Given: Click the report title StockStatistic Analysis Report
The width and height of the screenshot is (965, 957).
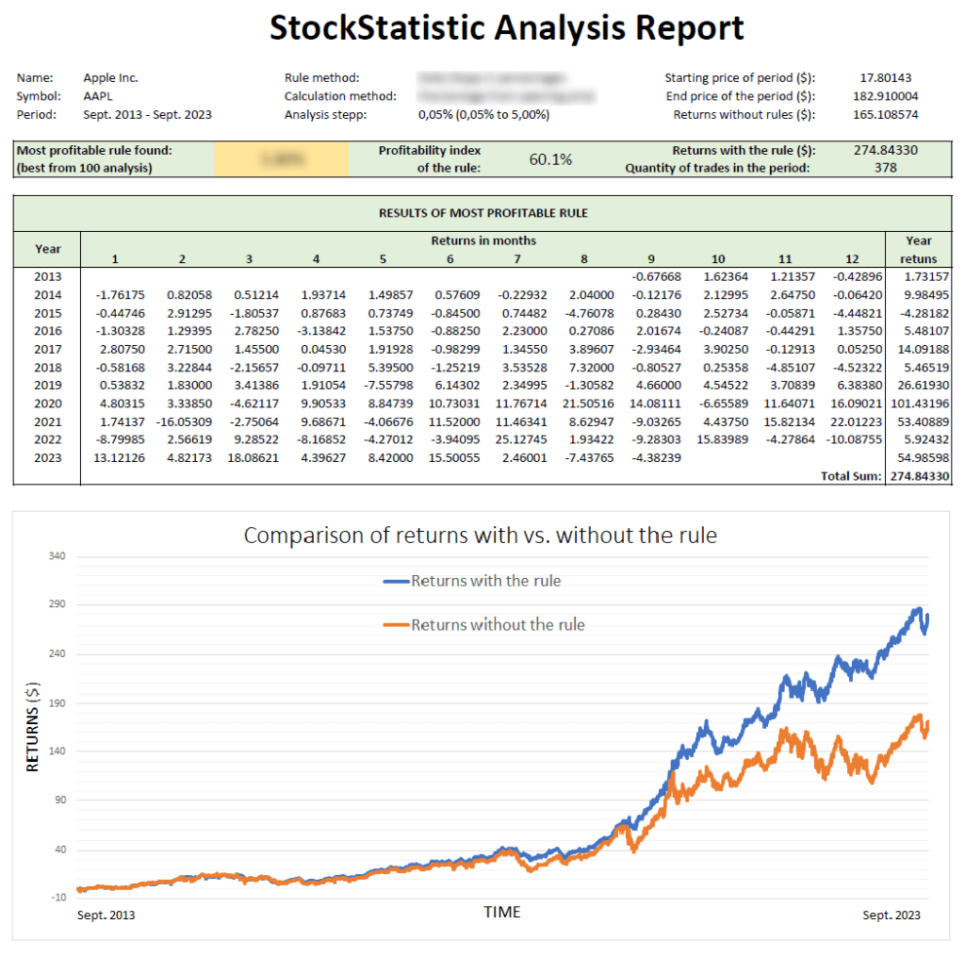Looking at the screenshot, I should pyautogui.click(x=507, y=27).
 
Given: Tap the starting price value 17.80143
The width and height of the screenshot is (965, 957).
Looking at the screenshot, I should pyautogui.click(x=886, y=78).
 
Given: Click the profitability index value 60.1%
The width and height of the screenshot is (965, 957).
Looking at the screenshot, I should pyautogui.click(x=550, y=159).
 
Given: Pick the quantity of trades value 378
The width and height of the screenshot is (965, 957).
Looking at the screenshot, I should pyautogui.click(x=885, y=168).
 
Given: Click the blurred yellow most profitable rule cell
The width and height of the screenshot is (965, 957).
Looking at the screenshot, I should pyautogui.click(x=281, y=159).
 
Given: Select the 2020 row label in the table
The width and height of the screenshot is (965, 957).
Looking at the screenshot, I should pyautogui.click(x=47, y=404).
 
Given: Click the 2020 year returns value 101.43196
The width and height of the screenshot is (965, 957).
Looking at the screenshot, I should pyautogui.click(x=919, y=404).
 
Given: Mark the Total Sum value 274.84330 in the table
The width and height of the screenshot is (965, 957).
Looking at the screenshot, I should pyautogui.click(x=919, y=477).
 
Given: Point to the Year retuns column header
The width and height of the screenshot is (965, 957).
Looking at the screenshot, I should pyautogui.click(x=919, y=249).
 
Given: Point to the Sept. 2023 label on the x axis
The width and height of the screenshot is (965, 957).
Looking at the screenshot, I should pyautogui.click(x=891, y=915).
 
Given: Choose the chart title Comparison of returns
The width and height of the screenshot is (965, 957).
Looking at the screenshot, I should pyautogui.click(x=481, y=536).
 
